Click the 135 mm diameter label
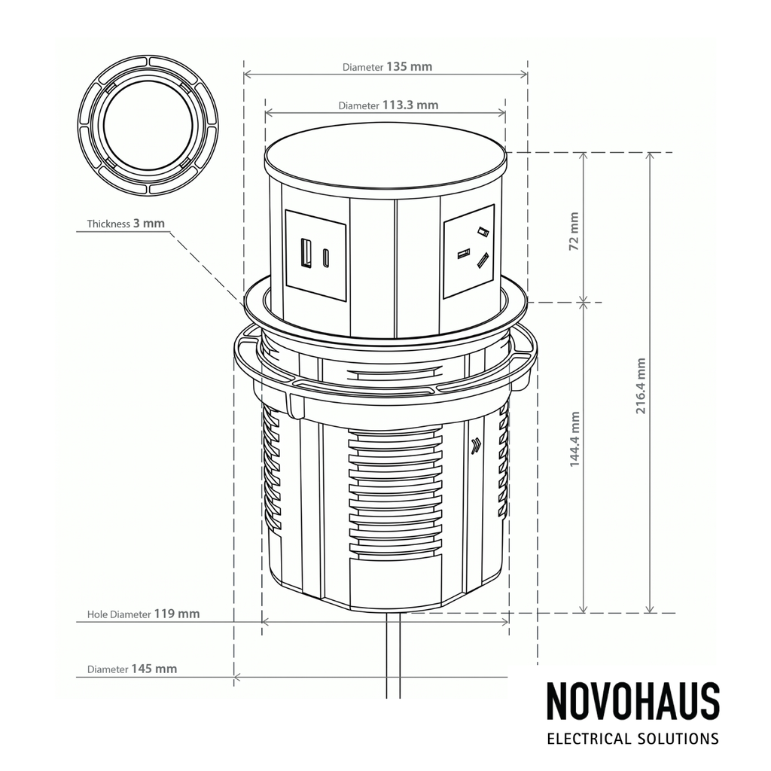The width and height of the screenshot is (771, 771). [387, 66]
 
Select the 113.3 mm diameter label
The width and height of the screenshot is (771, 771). [388, 105]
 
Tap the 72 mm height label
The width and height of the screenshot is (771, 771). [574, 232]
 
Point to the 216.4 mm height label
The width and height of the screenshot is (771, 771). [641, 386]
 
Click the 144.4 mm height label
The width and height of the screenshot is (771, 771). [574, 440]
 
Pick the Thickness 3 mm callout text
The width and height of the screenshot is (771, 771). [126, 223]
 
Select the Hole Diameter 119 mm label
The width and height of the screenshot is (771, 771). [143, 614]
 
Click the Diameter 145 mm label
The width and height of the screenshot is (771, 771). [132, 669]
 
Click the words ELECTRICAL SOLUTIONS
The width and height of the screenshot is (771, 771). [632, 739]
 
